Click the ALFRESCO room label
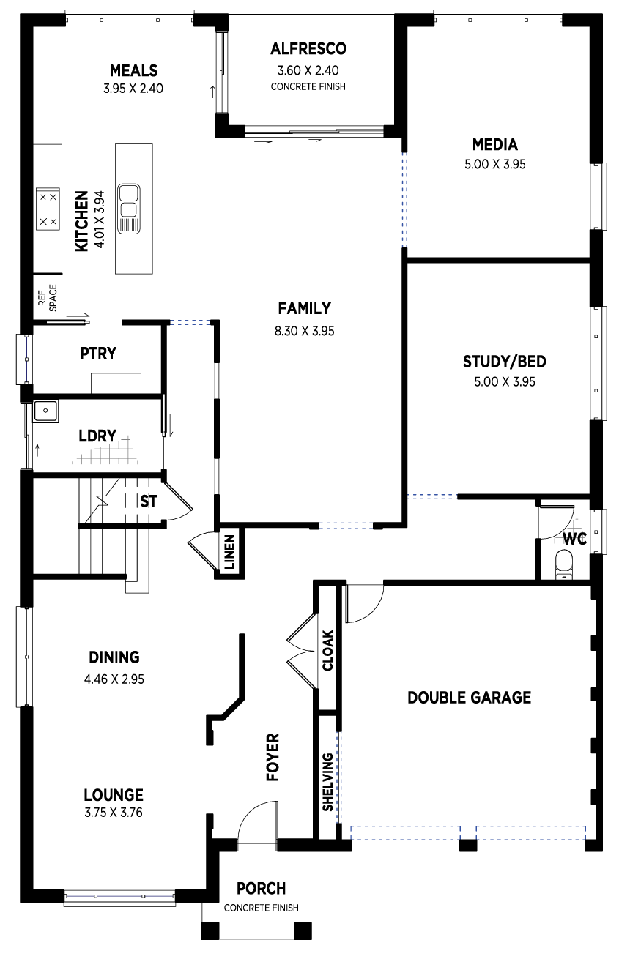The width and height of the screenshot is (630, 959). coord(308,49)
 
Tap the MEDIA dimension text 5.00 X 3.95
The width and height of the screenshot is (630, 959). coord(495,165)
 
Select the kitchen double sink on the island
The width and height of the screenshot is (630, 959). coord(129,209)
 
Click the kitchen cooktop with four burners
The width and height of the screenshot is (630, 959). coord(48,209)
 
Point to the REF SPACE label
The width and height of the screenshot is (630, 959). coord(47,298)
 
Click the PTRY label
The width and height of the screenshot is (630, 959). coord(98,354)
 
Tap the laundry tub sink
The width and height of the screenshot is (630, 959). coord(45,411)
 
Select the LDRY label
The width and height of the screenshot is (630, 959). coord(97,436)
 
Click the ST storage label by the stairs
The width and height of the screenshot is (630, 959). coord(149,501)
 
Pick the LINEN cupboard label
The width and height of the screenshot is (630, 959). coord(230,552)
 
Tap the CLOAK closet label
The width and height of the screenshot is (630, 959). coord(327,650)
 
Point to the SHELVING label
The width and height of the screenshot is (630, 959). coord(327,782)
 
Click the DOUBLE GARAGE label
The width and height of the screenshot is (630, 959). coord(469,698)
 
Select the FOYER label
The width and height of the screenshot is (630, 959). coord(273,758)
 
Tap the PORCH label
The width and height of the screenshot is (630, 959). coord(262,889)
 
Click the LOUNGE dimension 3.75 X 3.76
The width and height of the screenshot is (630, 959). coord(114,813)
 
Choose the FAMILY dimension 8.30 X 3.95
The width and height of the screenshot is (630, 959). coord(305,332)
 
